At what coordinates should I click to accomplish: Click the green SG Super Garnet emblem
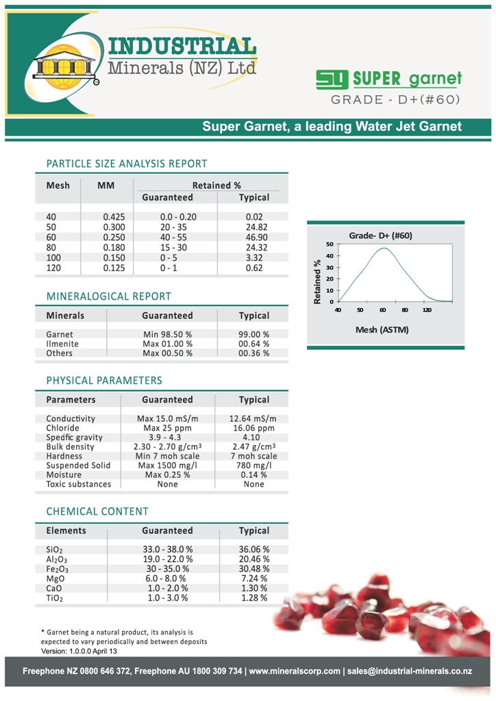[332, 79]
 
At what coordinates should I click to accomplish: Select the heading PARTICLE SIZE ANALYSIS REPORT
[126, 164]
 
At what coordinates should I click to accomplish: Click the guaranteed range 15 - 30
[167, 247]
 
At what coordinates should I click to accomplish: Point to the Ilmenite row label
[62, 344]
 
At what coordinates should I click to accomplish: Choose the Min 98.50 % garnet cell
[167, 335]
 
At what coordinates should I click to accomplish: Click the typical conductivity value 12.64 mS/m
[253, 418]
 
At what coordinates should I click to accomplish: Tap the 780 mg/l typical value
[253, 466]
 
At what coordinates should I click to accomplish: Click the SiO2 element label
[55, 550]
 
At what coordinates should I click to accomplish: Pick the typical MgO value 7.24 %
[254, 578]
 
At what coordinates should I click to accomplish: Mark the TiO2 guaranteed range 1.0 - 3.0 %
[167, 598]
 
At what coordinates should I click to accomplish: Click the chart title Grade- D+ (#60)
[380, 235]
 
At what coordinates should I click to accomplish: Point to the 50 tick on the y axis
[330, 244]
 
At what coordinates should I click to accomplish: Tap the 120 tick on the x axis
[427, 310]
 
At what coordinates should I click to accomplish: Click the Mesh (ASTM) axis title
[382, 330]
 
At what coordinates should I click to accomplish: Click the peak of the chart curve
[384, 248]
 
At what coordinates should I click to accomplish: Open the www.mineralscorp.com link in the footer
[295, 671]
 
